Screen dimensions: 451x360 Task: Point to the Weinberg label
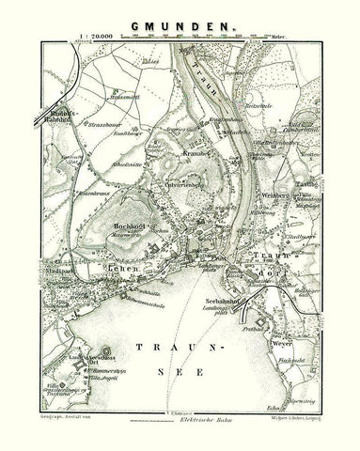[268, 200]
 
